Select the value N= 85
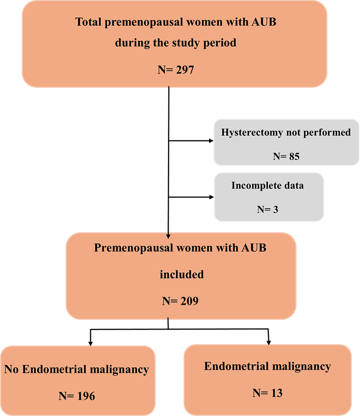point(286,157)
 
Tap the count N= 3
point(268,209)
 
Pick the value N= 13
point(267,393)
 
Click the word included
point(182,274)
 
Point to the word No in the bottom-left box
point(10,370)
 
